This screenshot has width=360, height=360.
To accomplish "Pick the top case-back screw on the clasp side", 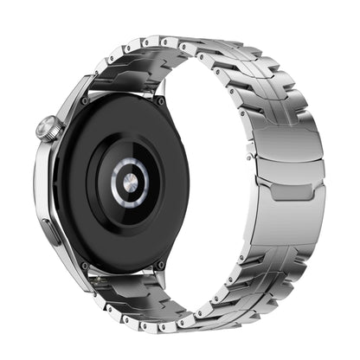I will pyautogui.click(x=160, y=100).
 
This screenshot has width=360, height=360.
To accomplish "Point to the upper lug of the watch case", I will pyautogui.click(x=82, y=87).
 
